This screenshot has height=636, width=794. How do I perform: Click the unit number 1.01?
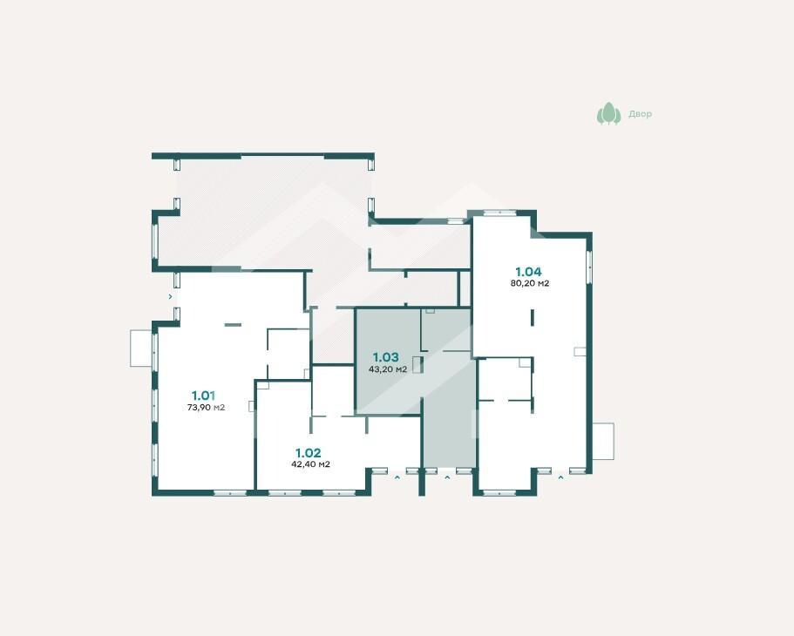[x=203, y=396]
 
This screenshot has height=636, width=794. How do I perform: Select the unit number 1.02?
[x=309, y=453]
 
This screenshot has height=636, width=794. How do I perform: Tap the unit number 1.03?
[x=386, y=357]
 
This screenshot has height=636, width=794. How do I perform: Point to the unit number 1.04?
[x=529, y=272]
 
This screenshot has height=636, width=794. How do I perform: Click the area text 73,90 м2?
[x=206, y=407]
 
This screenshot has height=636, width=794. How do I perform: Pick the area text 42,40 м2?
[x=311, y=464]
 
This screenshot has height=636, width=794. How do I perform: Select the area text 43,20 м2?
[x=388, y=369]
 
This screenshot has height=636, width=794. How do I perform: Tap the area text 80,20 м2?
[x=530, y=283]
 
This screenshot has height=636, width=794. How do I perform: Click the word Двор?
[x=640, y=114]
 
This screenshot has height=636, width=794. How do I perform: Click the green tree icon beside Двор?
[x=608, y=113]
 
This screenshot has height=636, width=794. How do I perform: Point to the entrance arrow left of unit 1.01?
[x=170, y=297]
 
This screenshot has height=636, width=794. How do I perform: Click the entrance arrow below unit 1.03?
[x=447, y=477]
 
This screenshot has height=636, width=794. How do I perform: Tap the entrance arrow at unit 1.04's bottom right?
[x=560, y=477]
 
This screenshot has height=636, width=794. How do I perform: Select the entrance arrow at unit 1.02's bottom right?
[x=397, y=477]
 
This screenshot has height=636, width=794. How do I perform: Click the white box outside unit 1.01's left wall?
[x=141, y=348]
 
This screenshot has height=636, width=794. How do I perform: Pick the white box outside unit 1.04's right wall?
[x=603, y=442]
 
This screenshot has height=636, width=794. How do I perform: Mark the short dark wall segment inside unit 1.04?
[x=533, y=317]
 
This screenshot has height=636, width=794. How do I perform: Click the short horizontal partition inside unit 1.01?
[x=233, y=325]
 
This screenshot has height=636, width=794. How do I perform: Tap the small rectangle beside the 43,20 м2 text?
[x=417, y=365]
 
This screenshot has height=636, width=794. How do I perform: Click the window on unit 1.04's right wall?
[x=589, y=267]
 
